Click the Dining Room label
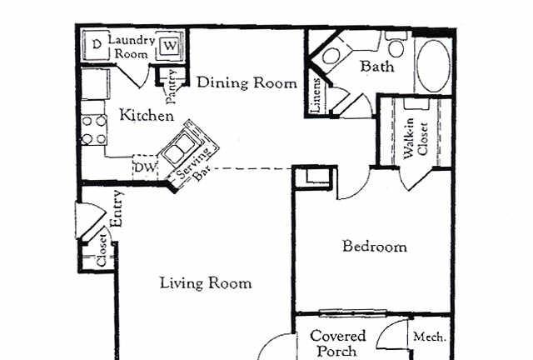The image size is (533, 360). click(247, 82)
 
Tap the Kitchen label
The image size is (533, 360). click(147, 115)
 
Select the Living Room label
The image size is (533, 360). click(206, 282)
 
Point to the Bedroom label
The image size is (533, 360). click(375, 246)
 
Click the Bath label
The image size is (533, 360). click(377, 66)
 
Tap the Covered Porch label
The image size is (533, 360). click(338, 343)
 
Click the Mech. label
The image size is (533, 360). click(430, 337)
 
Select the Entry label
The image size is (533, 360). click(117, 208)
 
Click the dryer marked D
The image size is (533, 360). click(97, 45)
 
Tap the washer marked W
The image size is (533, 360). click(170, 46)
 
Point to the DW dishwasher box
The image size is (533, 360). click(146, 167)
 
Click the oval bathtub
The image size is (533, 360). click(433, 66)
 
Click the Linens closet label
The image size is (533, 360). click(316, 96)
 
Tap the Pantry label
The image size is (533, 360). click(171, 87)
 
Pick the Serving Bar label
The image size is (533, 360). click(194, 165)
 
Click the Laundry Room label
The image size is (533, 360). click(132, 47)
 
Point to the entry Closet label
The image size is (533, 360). click(102, 251)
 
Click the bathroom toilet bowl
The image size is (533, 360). click(331, 56)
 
